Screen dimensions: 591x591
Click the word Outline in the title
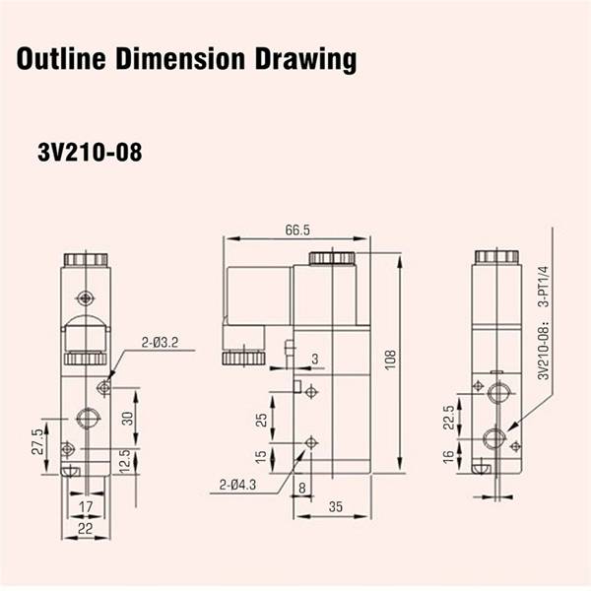coord(61,59)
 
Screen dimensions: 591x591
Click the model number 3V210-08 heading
coord(90,153)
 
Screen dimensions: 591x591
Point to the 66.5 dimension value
coord(297,230)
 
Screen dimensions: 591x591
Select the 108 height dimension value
coord(390,360)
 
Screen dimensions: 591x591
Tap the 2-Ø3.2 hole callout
coord(160,343)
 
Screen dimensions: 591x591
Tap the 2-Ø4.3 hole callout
coord(237,485)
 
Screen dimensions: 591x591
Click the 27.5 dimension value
coord(37,441)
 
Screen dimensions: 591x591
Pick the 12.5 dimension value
coord(125,460)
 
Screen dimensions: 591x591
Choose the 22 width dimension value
coord(85,528)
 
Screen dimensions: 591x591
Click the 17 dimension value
coord(86,506)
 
